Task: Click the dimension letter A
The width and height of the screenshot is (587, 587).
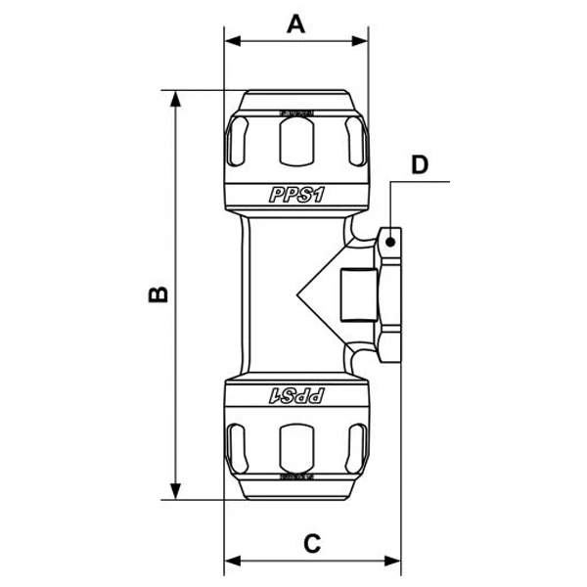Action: [x=296, y=23]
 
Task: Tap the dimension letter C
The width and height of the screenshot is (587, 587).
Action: [x=311, y=543]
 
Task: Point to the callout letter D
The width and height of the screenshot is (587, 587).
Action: [x=420, y=163]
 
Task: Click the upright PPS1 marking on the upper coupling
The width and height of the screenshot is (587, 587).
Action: [x=296, y=195]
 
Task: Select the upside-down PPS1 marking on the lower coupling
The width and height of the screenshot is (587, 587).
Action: [x=296, y=394]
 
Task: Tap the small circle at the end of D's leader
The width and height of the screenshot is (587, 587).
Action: [x=390, y=239]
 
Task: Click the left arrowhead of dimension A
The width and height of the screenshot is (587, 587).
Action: [x=232, y=42]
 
